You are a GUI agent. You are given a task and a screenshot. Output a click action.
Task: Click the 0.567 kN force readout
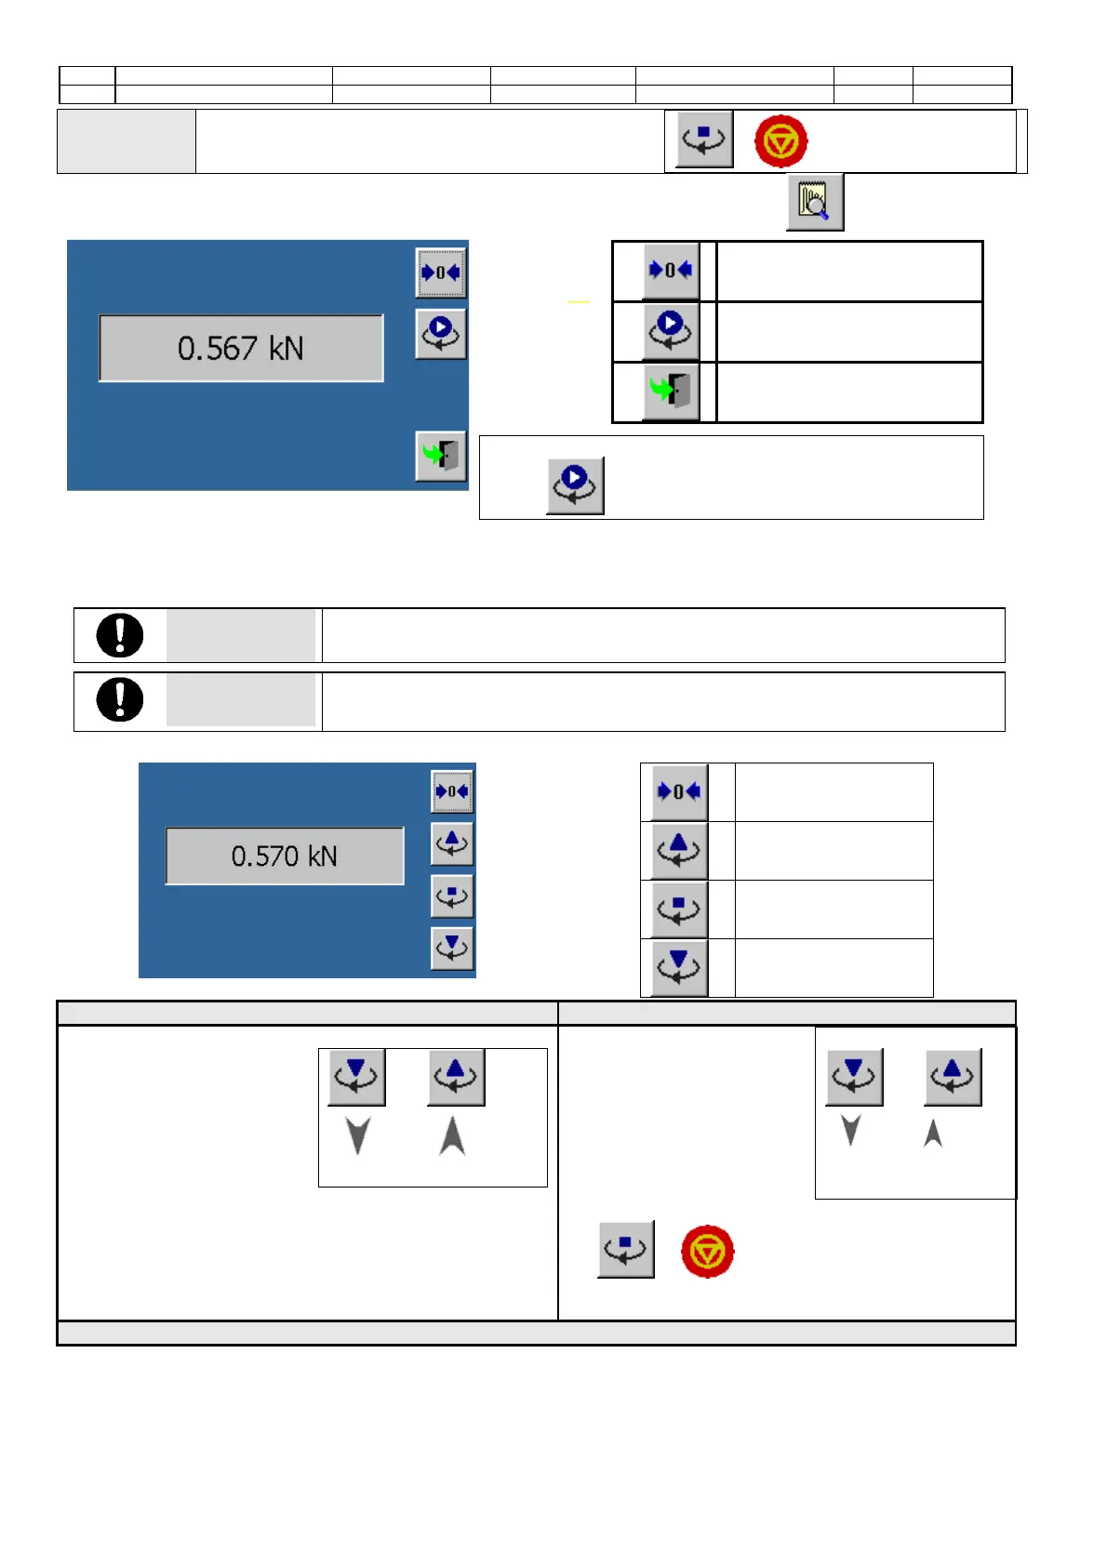(x=241, y=348)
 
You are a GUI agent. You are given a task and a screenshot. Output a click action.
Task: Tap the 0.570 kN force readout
(x=285, y=856)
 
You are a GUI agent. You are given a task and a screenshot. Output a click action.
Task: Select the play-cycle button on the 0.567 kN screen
(x=441, y=333)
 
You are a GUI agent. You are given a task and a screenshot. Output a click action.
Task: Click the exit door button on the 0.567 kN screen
(x=441, y=456)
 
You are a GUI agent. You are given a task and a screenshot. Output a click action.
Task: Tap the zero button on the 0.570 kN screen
(x=452, y=791)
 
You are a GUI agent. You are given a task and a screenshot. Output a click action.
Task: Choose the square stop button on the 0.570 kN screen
(x=452, y=896)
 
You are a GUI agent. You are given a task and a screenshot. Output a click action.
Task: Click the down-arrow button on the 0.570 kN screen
(x=452, y=948)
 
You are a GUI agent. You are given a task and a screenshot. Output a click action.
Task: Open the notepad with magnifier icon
(x=815, y=202)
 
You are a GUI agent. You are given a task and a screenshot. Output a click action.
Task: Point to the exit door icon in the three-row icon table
(x=671, y=391)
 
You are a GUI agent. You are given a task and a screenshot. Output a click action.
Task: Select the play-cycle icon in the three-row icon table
(x=671, y=330)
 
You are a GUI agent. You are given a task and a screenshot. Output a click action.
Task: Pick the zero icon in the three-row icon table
(x=671, y=271)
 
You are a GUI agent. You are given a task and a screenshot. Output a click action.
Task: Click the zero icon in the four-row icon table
(x=679, y=791)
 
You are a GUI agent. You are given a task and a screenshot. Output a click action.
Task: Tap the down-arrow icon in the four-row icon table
(x=679, y=967)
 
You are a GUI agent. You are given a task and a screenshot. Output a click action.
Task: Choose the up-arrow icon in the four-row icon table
(x=679, y=850)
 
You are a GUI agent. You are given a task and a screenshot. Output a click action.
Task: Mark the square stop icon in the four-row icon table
(x=679, y=909)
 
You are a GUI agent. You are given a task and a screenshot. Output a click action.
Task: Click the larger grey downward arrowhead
(x=358, y=1135)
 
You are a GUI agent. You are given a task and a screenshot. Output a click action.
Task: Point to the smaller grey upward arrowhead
(x=933, y=1133)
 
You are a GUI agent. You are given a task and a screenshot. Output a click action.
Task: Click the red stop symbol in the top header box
(x=780, y=141)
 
